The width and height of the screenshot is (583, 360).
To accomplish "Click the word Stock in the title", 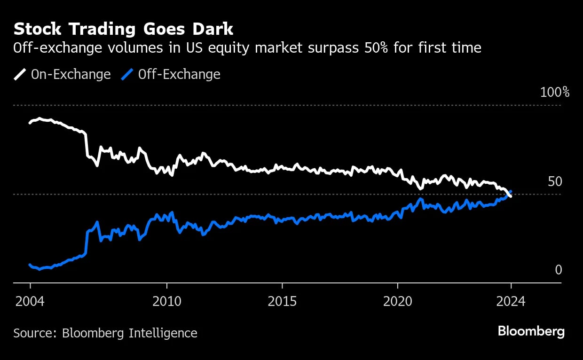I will point(37,29).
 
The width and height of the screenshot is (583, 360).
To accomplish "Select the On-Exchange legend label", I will point(71,74).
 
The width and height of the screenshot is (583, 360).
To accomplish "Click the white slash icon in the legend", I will point(20,74).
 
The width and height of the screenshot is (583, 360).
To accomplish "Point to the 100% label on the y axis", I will point(555,92).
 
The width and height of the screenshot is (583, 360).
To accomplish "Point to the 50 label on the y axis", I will point(555,181).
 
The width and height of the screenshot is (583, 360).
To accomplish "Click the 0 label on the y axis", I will point(558,270).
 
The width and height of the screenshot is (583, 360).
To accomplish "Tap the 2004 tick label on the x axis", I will point(30,301).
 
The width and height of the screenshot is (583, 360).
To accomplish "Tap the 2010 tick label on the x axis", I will point(166,301).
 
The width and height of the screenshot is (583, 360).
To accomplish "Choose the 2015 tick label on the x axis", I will point(282,301).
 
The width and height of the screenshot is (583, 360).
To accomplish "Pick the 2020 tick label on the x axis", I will point(397,301).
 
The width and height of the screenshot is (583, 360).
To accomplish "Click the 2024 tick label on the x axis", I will point(511,301).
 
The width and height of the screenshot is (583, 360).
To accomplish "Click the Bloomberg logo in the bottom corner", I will point(531,331).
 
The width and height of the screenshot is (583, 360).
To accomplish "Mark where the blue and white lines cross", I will point(509,193).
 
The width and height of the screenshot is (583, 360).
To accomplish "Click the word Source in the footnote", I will point(35,333).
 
